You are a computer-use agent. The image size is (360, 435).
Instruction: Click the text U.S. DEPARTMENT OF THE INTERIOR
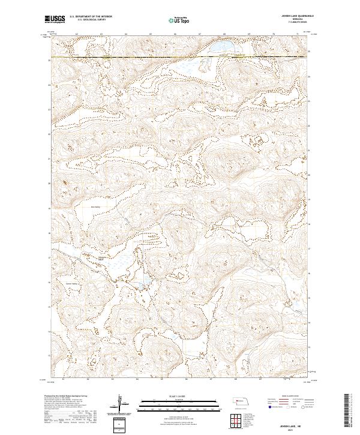91,17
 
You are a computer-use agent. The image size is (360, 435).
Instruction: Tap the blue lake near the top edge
219,46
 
